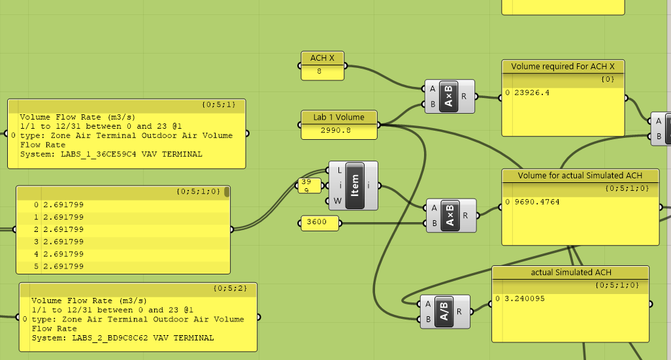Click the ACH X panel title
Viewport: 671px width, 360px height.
pyautogui.click(x=322, y=58)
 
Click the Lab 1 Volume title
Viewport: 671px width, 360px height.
pyautogui.click(x=338, y=117)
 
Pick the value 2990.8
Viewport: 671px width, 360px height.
pyautogui.click(x=338, y=131)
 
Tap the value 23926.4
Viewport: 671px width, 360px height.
pyautogui.click(x=532, y=93)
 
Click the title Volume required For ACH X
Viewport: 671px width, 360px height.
pyautogui.click(x=563, y=67)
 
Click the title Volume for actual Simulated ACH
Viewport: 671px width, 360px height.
pyautogui.click(x=580, y=176)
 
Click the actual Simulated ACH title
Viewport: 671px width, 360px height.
pyautogui.click(x=570, y=272)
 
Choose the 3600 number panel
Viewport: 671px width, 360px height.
pyautogui.click(x=320, y=223)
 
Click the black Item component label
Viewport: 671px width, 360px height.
pyautogui.click(x=355, y=185)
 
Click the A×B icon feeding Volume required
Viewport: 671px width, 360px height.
pyautogui.click(x=449, y=97)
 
